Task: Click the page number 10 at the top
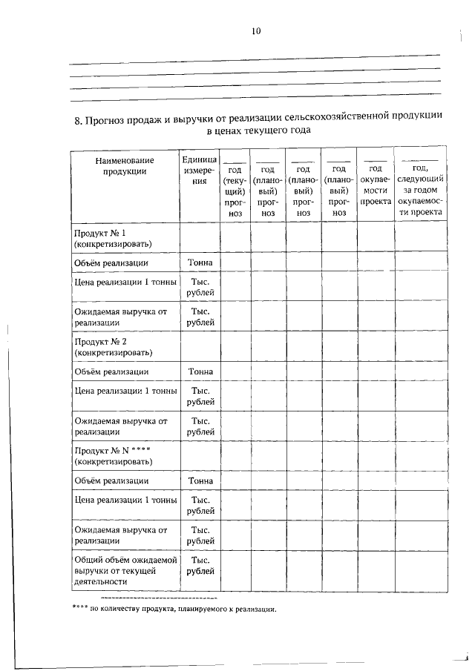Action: (x=256, y=30)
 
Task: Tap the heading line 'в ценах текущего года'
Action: (x=258, y=130)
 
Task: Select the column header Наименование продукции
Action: (x=125, y=166)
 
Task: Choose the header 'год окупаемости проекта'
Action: (x=376, y=185)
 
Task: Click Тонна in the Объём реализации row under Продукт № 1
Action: (x=200, y=262)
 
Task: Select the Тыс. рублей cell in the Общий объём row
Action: (x=200, y=566)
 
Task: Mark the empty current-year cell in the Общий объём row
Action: (x=235, y=572)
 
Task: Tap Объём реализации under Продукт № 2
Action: (x=111, y=371)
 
